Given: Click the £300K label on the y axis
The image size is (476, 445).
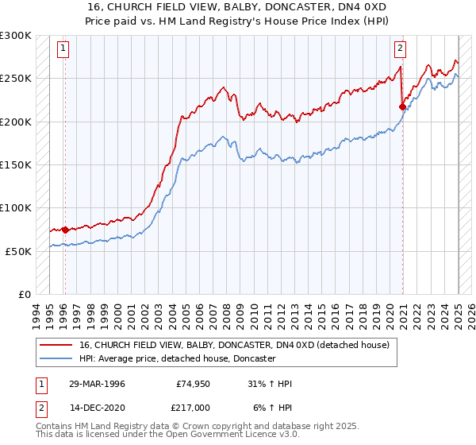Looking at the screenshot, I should click(x=16, y=36).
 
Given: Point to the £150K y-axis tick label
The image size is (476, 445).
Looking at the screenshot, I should click(x=16, y=164).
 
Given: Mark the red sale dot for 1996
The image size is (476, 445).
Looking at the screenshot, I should click(x=64, y=230).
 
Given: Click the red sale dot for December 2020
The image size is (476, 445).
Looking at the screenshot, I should click(x=402, y=106).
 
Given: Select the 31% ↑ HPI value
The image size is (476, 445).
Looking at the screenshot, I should click(x=270, y=384).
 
